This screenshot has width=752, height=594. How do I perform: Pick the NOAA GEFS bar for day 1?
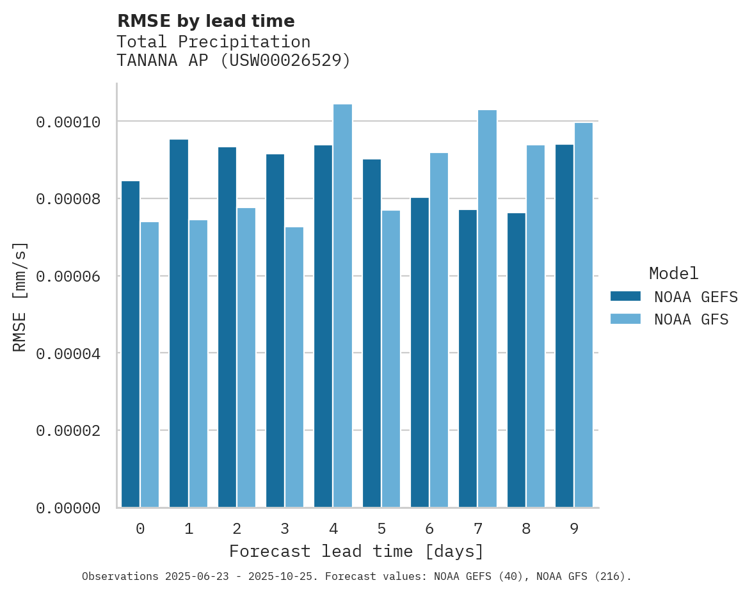tap(179, 323)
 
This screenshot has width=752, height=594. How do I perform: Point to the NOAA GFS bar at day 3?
tap(294, 367)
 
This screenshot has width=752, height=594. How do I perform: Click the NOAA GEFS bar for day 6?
tap(420, 353)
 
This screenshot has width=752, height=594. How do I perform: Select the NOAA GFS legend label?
tap(691, 319)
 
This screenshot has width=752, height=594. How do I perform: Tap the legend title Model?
tap(673, 273)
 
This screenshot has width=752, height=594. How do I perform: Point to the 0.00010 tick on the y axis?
tap(68, 122)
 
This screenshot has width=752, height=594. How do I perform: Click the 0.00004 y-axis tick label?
tap(68, 353)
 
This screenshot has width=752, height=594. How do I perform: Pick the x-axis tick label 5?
tap(381, 529)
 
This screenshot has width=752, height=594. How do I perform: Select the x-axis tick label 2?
tap(237, 529)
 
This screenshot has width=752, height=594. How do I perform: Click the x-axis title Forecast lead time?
tap(356, 551)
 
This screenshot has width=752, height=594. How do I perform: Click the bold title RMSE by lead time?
tap(205, 21)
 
